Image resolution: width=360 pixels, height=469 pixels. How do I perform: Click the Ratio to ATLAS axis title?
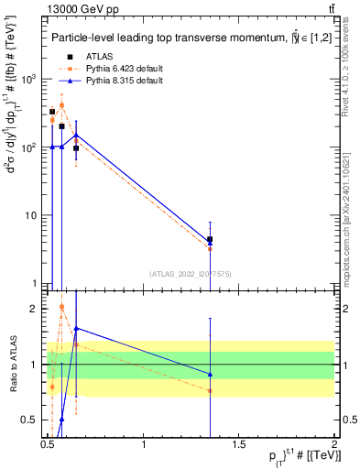[14, 365]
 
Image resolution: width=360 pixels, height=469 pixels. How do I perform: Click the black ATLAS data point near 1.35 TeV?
[211, 239]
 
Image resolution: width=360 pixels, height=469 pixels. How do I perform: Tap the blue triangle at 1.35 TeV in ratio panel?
[211, 374]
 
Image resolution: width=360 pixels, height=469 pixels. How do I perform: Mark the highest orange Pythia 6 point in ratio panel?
[61, 307]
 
